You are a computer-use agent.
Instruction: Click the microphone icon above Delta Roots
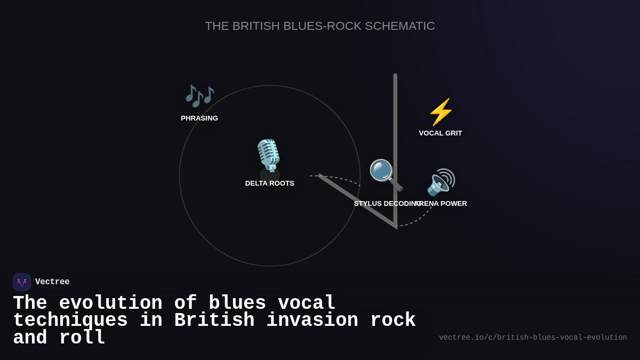click(268, 155)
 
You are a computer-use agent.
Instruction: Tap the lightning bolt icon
click(441, 112)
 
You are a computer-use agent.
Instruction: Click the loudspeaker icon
click(441, 182)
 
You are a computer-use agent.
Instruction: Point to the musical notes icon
click(199, 95)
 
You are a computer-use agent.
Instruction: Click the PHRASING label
click(199, 118)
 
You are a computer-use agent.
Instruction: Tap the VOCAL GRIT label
click(441, 133)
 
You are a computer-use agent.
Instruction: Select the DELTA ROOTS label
click(269, 183)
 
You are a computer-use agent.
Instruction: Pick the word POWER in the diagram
click(454, 204)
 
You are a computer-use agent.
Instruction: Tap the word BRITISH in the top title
click(256, 26)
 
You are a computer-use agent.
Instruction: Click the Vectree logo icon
click(22, 282)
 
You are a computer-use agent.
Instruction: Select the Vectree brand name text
click(52, 282)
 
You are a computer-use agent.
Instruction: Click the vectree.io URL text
click(533, 338)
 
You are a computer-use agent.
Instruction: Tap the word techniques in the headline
click(70, 321)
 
